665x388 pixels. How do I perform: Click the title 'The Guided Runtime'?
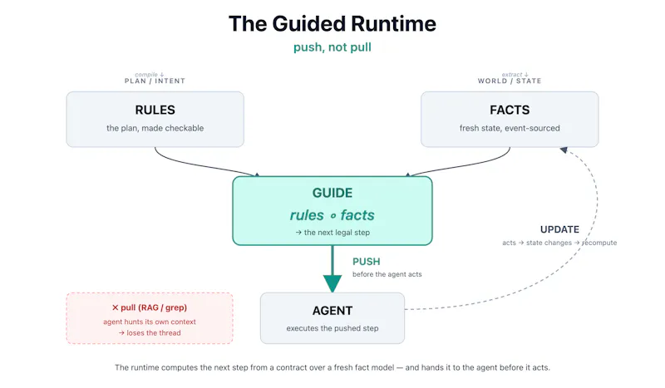coord(332,24)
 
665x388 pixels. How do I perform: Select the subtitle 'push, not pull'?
coord(332,47)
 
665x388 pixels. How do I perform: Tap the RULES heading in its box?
coord(155,110)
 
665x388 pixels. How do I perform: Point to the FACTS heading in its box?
coord(510,110)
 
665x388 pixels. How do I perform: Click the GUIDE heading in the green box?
coord(332,193)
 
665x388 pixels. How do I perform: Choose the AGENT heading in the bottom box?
coord(332,311)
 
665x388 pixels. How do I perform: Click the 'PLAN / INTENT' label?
coord(155,81)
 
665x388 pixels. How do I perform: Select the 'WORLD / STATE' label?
coord(510,81)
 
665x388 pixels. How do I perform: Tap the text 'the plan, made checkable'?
coord(155,128)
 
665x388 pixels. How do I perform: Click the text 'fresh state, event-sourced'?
coord(510,128)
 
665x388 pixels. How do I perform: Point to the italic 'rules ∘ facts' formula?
coord(332,215)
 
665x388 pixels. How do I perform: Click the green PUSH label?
coord(366,262)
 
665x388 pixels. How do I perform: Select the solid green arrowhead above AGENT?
coord(332,283)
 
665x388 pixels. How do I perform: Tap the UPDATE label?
coord(559,229)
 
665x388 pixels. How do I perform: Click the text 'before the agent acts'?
coord(387,274)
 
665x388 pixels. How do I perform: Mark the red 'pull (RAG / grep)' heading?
coord(150,307)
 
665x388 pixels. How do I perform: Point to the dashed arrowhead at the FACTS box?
coord(564,150)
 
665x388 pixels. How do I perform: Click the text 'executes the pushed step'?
coord(332,328)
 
